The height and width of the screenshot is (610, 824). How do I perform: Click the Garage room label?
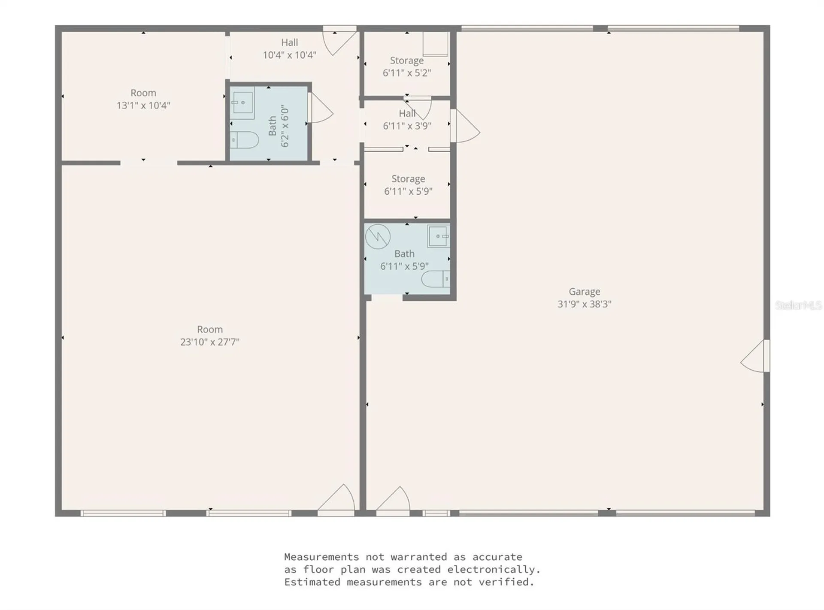point(584,292)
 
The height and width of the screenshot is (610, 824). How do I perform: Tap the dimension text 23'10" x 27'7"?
point(209,342)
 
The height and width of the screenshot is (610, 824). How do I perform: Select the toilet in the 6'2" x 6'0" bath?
point(244,140)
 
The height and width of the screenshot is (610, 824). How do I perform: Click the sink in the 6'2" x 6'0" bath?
point(242,103)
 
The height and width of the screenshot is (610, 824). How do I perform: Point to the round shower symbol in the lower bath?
point(378,236)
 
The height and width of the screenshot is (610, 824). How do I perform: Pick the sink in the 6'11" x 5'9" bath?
point(438,236)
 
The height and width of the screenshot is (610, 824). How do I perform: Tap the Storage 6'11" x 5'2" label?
point(406,66)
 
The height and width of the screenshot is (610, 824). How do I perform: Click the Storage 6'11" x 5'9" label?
point(408,185)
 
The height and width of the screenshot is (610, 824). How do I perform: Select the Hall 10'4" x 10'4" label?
point(290,48)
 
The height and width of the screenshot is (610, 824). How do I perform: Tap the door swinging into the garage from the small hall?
point(466,126)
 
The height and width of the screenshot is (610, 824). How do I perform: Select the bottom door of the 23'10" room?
point(337,500)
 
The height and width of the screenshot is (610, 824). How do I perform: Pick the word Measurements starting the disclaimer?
point(321,557)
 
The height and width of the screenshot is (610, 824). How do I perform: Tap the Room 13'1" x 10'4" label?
point(143,99)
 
